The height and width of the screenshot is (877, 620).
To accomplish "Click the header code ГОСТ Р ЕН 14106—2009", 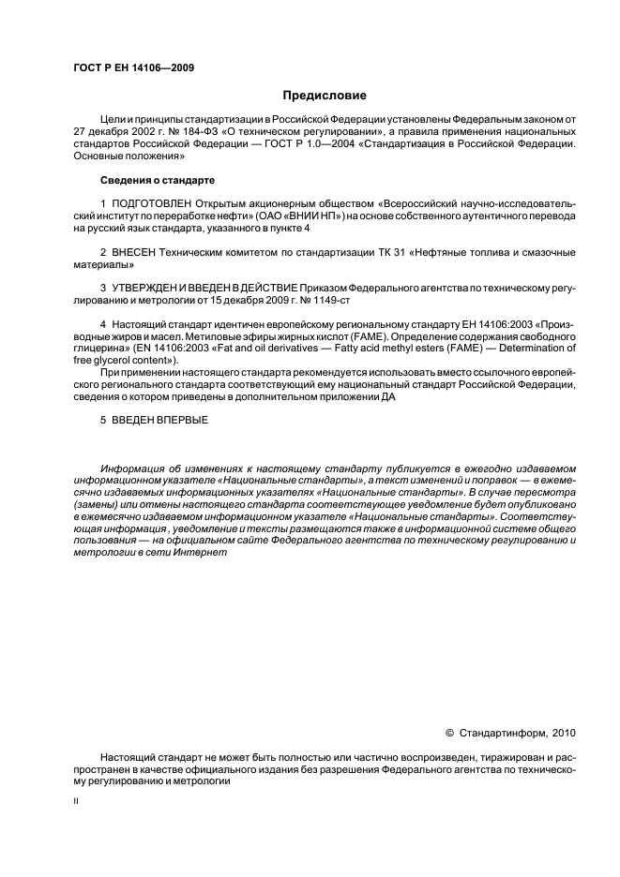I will click(132, 67).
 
